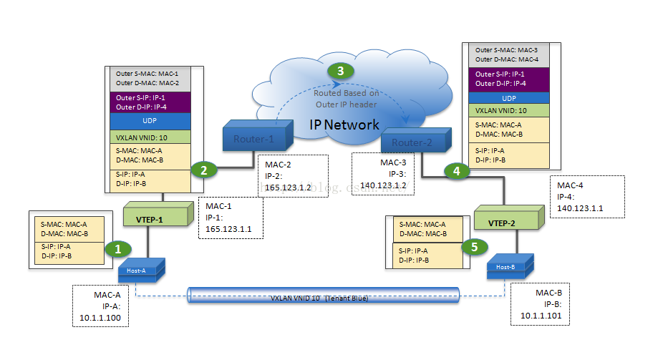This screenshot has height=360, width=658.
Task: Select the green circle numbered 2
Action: click(204, 170)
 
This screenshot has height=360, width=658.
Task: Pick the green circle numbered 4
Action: click(454, 171)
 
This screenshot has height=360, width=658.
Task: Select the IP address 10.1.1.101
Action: click(541, 315)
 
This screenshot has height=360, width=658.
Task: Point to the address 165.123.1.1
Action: click(229, 230)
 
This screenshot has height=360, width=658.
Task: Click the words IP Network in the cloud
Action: click(344, 125)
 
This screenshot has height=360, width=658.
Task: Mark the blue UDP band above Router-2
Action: click(508, 97)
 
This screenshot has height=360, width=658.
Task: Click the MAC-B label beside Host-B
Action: click(551, 293)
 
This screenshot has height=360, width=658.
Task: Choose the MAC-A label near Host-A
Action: click(107, 294)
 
